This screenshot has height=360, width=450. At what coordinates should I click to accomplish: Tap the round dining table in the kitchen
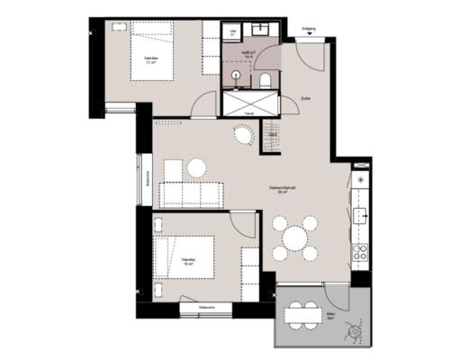click(x=295, y=238)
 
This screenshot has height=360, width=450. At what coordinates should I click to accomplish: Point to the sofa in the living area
click(x=191, y=193)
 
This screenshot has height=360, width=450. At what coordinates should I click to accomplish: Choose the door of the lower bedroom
click(x=243, y=225)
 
